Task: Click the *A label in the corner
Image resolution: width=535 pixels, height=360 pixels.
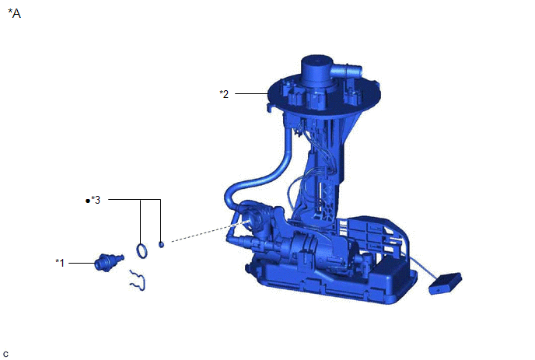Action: tap(14, 13)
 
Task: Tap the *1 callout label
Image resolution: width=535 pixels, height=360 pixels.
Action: tap(60, 263)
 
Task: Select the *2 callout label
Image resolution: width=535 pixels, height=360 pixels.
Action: tap(224, 94)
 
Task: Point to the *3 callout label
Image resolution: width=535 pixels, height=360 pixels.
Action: tap(96, 200)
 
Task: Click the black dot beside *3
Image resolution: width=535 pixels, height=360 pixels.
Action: tap(88, 201)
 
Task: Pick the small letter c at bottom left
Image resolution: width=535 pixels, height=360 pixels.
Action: tap(5, 355)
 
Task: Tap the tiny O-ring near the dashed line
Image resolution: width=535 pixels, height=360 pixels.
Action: tap(161, 244)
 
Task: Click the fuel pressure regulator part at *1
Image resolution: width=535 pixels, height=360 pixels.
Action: tap(109, 262)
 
